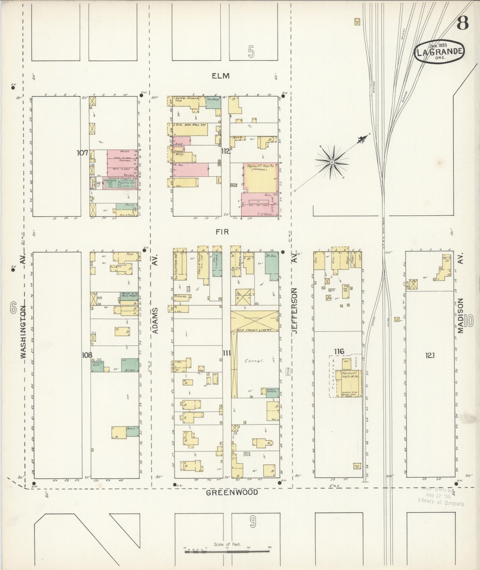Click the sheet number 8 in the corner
(x=462, y=24)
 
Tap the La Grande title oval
(x=439, y=51)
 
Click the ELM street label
(x=221, y=76)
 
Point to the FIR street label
(x=222, y=231)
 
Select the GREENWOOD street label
(x=232, y=492)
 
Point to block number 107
(x=82, y=153)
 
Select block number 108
(x=87, y=355)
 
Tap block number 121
(x=430, y=356)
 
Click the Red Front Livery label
(x=254, y=330)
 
